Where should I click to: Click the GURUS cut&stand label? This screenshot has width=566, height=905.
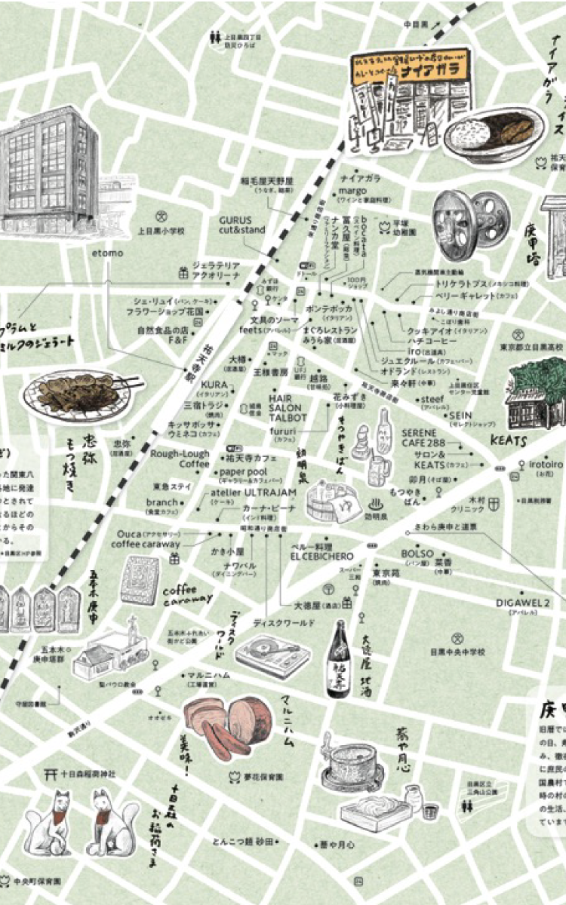(242, 224)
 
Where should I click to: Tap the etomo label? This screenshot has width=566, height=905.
(108, 253)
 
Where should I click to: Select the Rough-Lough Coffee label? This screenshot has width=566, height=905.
(180, 459)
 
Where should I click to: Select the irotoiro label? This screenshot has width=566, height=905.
(542, 465)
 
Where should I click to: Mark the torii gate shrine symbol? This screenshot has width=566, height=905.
(51, 773)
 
